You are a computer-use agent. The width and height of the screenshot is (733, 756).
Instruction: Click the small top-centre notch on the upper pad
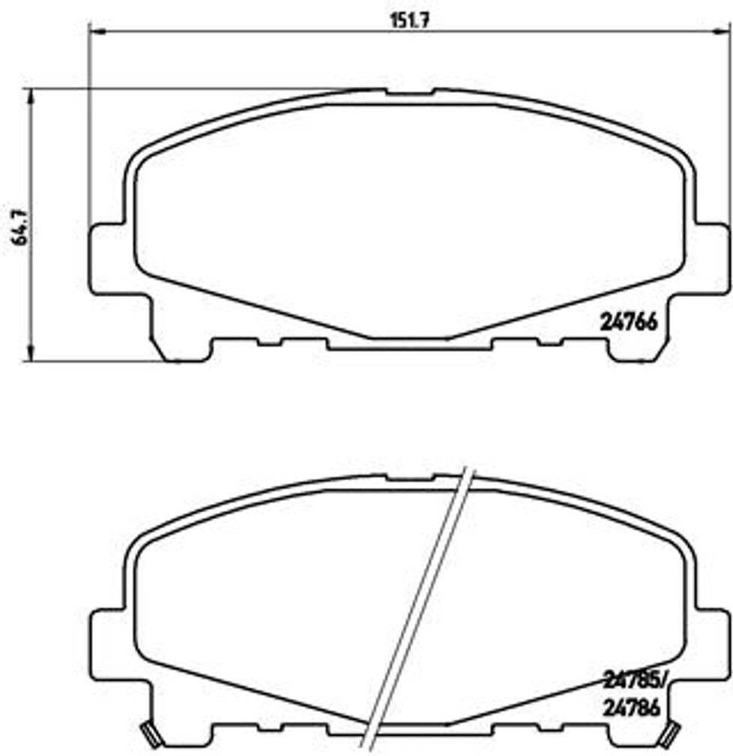tap(409, 93)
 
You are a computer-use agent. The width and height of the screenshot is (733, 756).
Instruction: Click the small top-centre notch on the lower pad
tap(409, 477)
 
